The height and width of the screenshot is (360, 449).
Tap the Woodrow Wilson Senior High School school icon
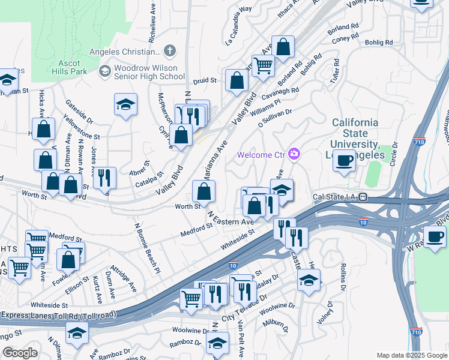(104, 71)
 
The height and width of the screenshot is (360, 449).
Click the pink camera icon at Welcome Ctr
(294, 155)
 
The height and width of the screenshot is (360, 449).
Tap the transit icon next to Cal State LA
(363, 197)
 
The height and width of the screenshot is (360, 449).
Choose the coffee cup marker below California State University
(344, 161)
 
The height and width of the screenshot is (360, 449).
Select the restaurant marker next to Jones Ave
(104, 176)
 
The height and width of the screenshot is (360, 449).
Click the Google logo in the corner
(20, 352)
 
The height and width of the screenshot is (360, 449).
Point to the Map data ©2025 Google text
(411, 355)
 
